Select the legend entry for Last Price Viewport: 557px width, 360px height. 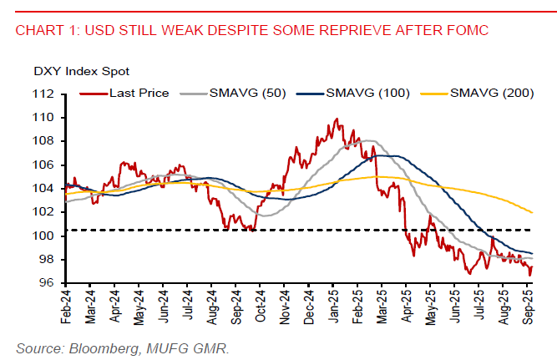pos(139,93)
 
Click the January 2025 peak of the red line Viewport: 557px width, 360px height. pos(336,119)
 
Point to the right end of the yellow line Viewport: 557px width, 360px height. pos(533,212)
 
